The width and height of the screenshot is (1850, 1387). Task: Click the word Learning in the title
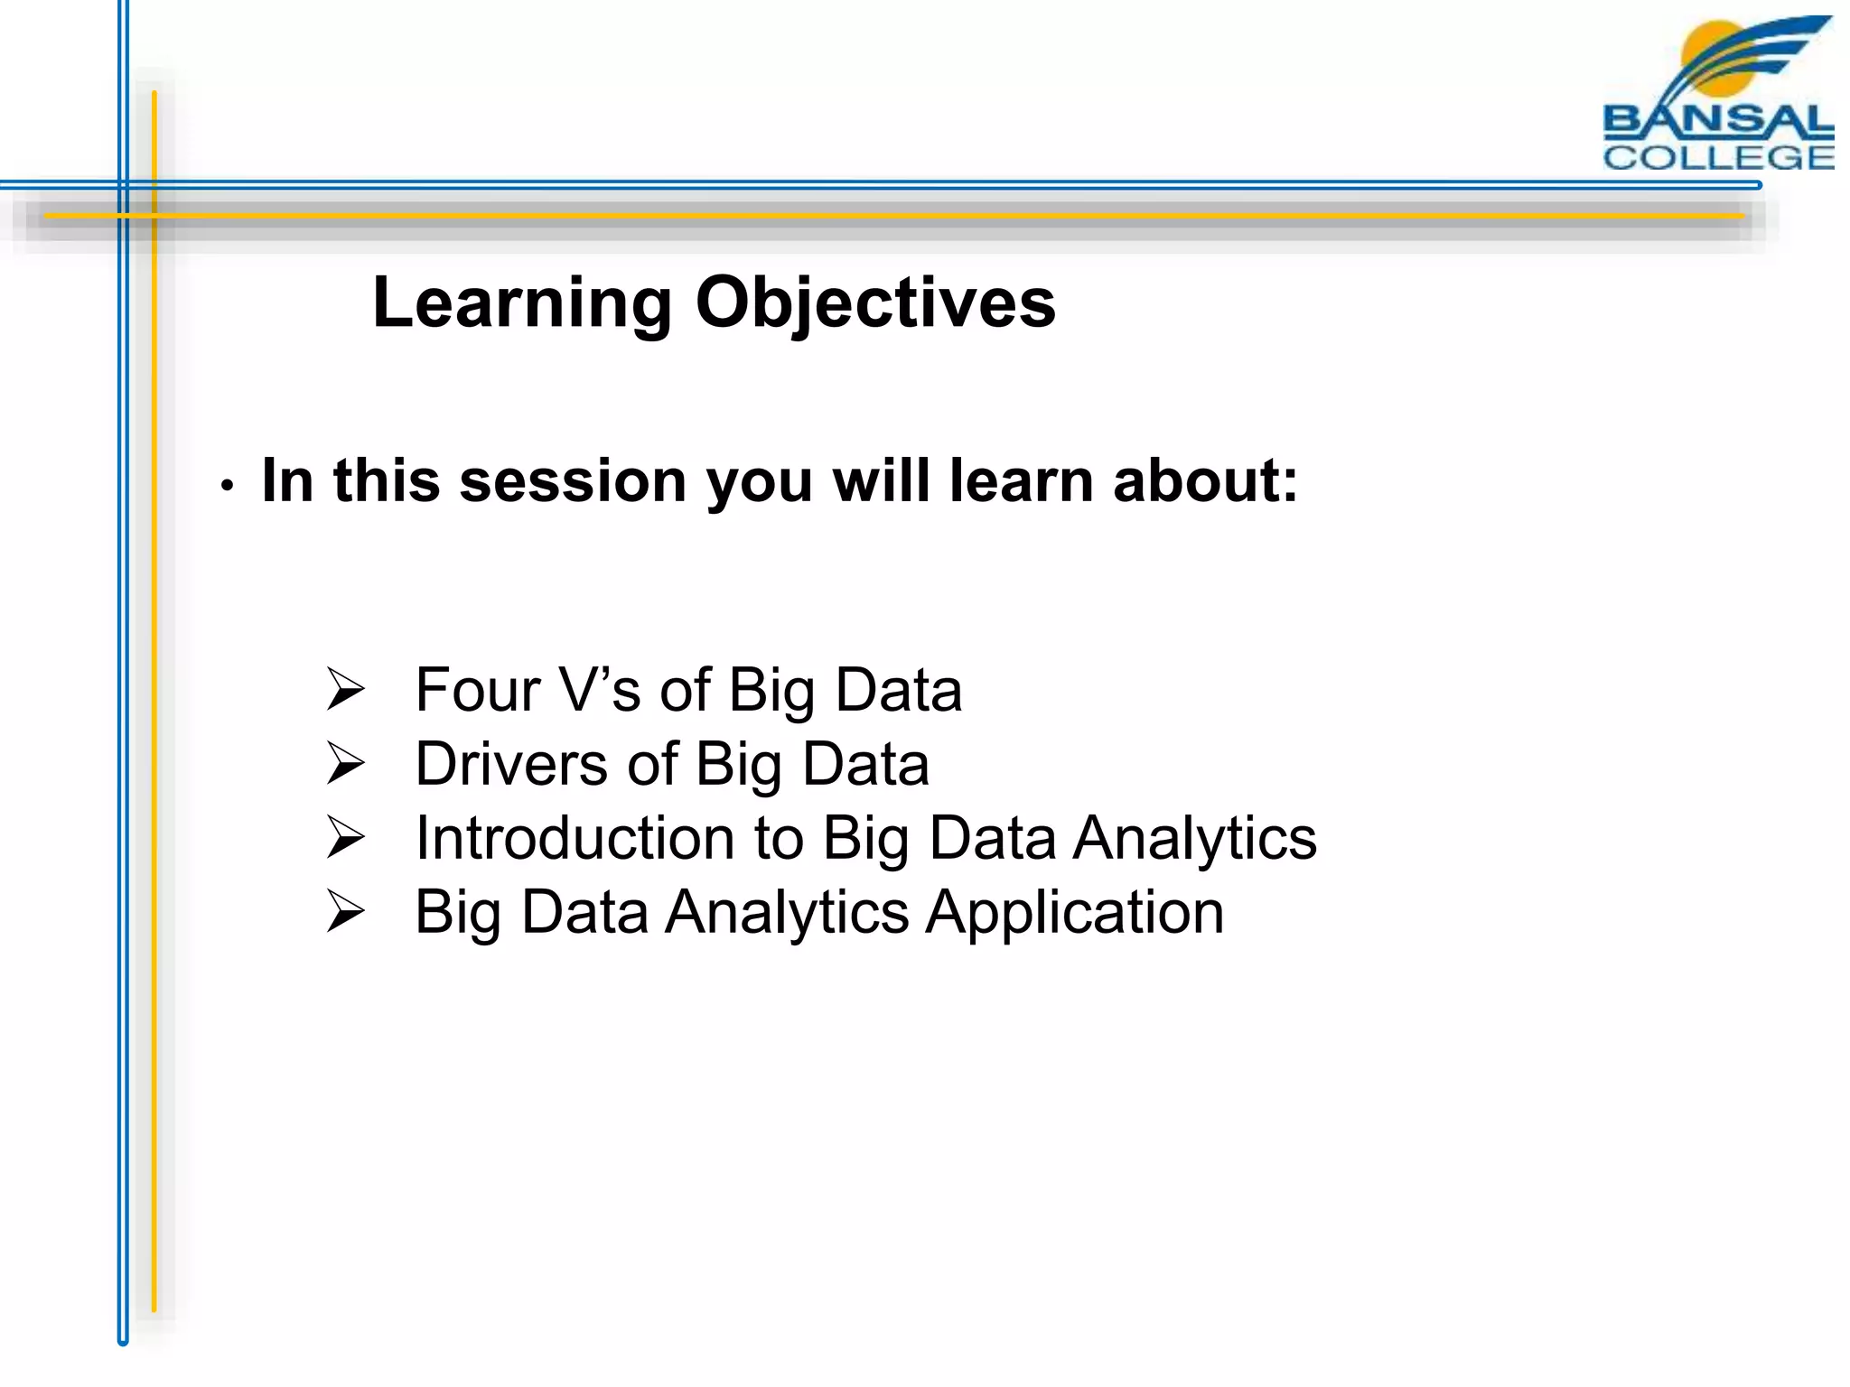point(521,304)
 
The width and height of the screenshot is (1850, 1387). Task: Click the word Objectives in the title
point(874,304)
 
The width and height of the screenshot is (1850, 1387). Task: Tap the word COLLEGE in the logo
point(1717,158)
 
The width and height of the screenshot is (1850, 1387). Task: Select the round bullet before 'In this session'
point(228,486)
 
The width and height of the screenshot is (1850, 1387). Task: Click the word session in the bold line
point(572,480)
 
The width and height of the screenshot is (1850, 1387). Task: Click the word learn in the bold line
point(1021,480)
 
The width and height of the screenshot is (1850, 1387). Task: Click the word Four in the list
point(476,691)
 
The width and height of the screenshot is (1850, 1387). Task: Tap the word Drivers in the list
point(510,765)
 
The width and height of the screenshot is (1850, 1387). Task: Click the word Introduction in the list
point(575,839)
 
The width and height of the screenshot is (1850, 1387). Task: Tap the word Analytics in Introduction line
point(1194,839)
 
